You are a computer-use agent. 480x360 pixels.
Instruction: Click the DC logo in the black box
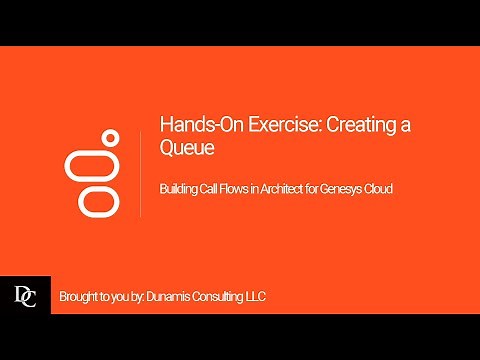(25, 296)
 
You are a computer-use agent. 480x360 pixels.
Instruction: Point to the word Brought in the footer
(78, 297)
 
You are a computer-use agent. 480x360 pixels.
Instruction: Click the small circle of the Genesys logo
(111, 137)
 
